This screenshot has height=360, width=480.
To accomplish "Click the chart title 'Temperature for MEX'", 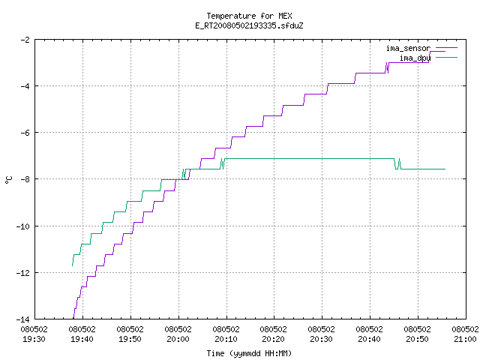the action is click(249, 16).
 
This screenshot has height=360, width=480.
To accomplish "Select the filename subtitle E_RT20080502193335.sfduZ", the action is click(249, 25).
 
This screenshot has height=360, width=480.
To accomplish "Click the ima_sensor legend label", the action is click(408, 48).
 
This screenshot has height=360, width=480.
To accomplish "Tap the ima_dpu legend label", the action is click(415, 58).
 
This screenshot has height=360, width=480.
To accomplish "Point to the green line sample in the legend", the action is click(446, 57).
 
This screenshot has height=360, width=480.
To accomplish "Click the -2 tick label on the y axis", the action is click(25, 40).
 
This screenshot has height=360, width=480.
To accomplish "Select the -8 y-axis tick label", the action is click(25, 179).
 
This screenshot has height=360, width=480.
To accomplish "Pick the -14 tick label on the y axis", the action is click(23, 319).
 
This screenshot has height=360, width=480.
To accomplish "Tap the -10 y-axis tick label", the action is click(23, 226).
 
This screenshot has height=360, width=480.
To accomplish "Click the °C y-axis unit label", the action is click(8, 180).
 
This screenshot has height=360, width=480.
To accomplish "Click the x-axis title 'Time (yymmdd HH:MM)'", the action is click(249, 353).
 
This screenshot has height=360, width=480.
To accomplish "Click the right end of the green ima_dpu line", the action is click(445, 169).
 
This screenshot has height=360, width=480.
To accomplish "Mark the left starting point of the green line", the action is click(72, 265).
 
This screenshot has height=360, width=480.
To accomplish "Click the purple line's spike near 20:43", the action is click(387, 67).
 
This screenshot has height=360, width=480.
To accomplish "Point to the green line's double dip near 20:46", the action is click(397, 164).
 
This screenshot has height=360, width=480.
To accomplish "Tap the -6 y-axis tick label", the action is click(25, 133).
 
